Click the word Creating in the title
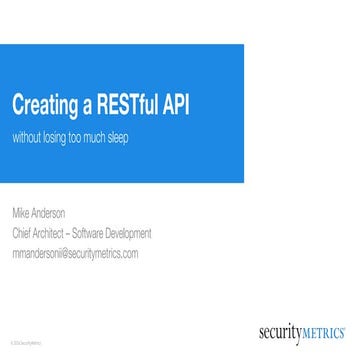46,104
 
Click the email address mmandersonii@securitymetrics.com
75,253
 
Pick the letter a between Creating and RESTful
89,106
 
